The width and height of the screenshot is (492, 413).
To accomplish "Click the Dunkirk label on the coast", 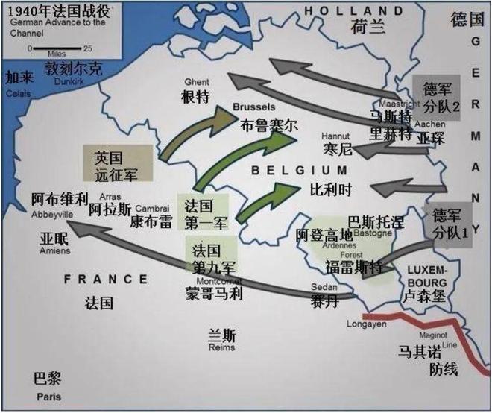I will [x=69, y=82].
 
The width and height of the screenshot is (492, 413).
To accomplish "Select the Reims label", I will [x=222, y=348].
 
